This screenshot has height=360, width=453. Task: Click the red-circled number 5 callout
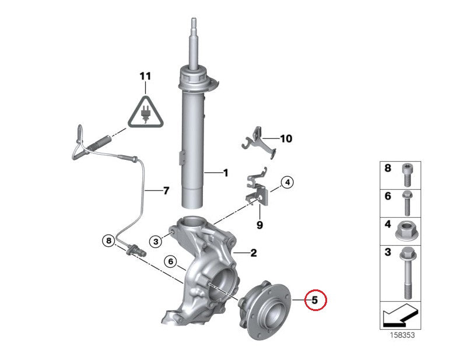pos(315,300)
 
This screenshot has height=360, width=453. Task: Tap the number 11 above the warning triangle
pos(145,76)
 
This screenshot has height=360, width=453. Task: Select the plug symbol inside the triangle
pos(146,113)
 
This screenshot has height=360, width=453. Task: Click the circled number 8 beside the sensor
pos(108,240)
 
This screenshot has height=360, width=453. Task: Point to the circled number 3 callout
pos(156,241)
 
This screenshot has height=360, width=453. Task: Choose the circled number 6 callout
pos(171,262)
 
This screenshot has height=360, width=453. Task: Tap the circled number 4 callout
pos(287,183)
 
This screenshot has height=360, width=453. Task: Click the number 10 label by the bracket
pos(286,139)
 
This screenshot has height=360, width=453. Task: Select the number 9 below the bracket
pos(259,225)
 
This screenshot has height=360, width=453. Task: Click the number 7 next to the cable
pos(166,191)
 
